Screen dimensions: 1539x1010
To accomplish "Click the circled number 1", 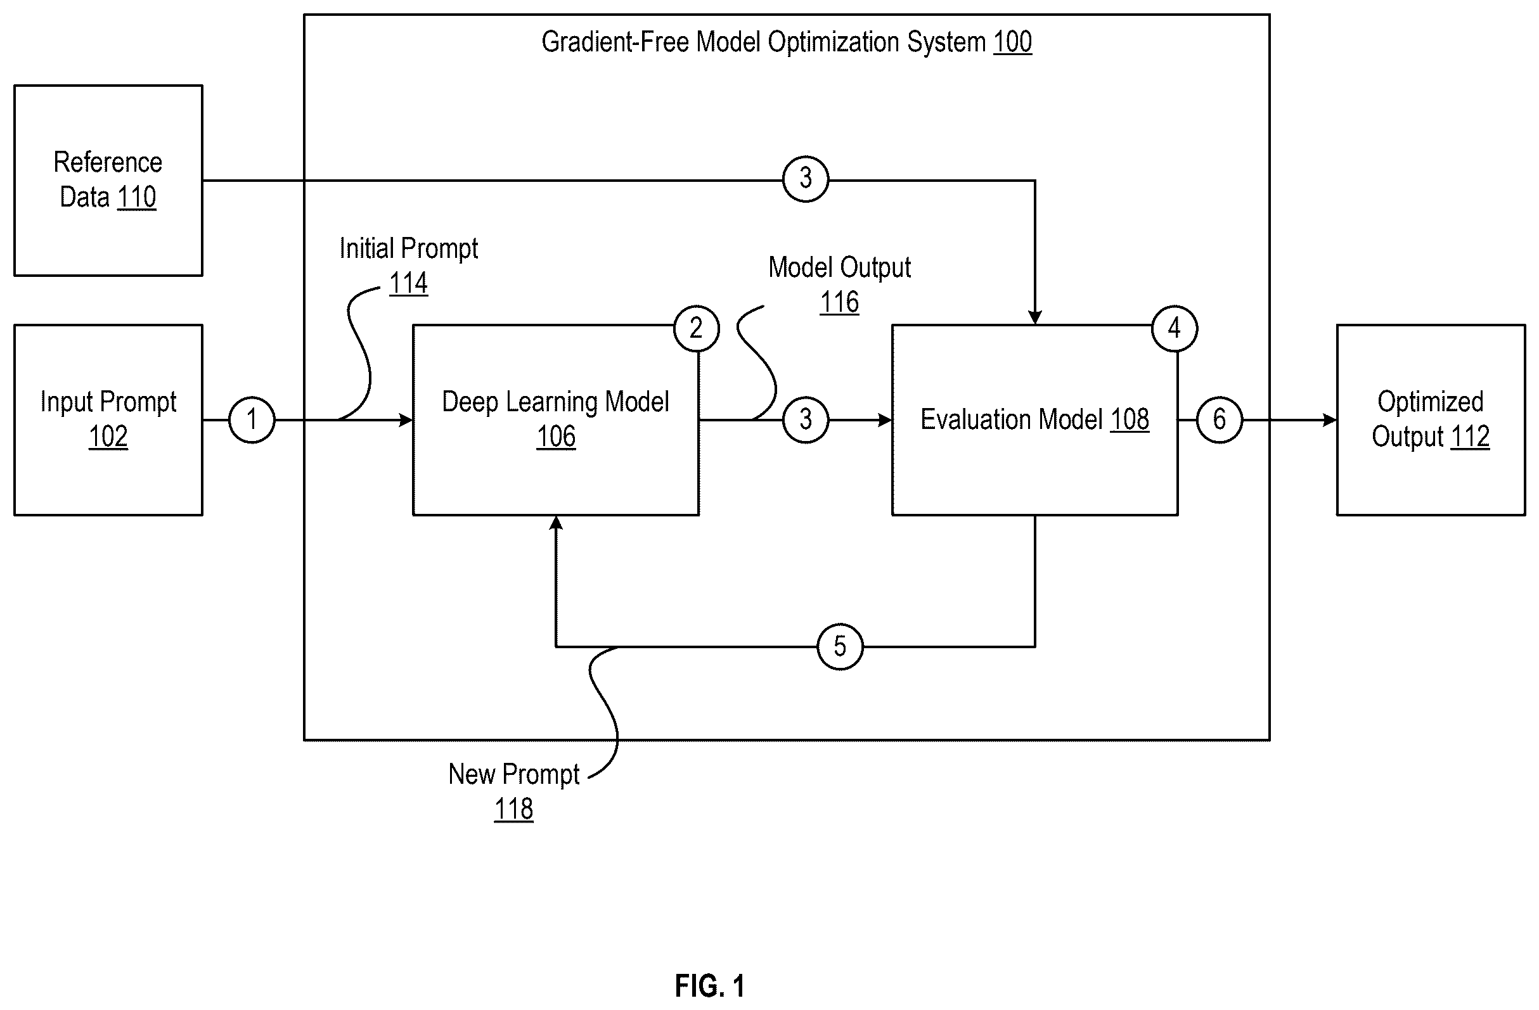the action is [252, 419].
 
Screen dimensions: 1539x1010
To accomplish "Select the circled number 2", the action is [697, 328].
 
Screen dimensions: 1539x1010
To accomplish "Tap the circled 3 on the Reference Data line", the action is [806, 179].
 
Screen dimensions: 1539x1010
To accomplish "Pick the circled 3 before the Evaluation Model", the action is [806, 419].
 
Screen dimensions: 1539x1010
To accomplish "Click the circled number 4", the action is [1175, 328].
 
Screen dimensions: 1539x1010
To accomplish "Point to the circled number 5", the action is [840, 646].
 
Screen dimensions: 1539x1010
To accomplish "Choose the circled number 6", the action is [1220, 419].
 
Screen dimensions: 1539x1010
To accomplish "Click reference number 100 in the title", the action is [1013, 42].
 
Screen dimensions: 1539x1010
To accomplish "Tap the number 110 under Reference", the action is [137, 197].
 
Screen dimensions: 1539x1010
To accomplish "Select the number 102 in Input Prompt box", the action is [108, 437].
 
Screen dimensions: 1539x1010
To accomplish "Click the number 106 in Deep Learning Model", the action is [556, 437].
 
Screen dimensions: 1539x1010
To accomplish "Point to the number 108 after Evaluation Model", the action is [1130, 419].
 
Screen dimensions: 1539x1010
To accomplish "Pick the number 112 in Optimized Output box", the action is [1471, 437].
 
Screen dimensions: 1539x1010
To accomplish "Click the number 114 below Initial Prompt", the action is [409, 283].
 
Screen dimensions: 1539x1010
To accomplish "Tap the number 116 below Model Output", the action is [839, 302].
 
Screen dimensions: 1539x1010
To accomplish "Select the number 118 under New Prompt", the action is [514, 809].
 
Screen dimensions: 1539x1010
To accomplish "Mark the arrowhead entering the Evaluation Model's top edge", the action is [1034, 317].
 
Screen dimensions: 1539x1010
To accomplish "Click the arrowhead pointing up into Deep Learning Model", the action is [556, 523].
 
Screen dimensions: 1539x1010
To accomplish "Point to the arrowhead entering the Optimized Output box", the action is [1329, 420].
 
